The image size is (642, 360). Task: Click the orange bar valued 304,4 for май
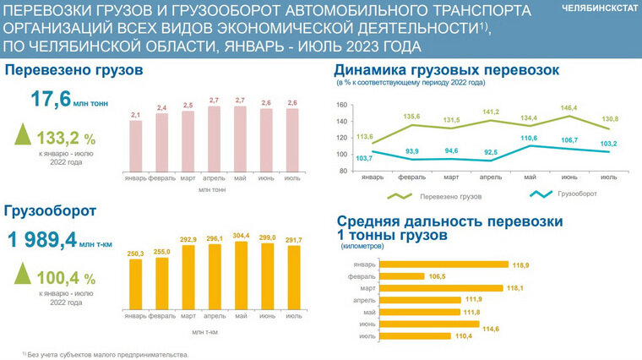(241, 275)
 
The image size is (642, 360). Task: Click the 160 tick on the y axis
(342, 106)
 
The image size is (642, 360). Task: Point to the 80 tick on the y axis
(344, 171)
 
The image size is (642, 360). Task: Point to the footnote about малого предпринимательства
(105, 355)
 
